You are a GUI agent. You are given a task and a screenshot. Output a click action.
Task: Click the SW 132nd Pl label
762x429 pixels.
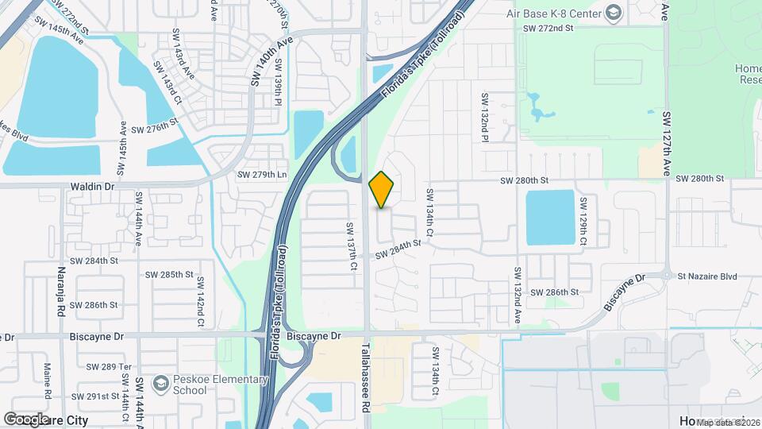click(483, 118)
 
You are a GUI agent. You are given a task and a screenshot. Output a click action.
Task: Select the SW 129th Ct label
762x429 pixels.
click(583, 218)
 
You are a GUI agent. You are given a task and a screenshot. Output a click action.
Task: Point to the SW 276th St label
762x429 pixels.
click(153, 128)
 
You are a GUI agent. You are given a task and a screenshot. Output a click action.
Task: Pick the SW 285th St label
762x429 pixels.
click(169, 275)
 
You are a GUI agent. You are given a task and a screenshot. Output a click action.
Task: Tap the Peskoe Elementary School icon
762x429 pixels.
click(160, 385)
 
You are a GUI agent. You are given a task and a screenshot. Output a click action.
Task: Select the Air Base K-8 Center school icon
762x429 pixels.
click(613, 12)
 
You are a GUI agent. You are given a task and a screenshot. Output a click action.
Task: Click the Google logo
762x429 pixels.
click(26, 419)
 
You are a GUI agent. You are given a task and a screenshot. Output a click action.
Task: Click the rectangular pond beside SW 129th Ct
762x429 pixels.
click(549, 217)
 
